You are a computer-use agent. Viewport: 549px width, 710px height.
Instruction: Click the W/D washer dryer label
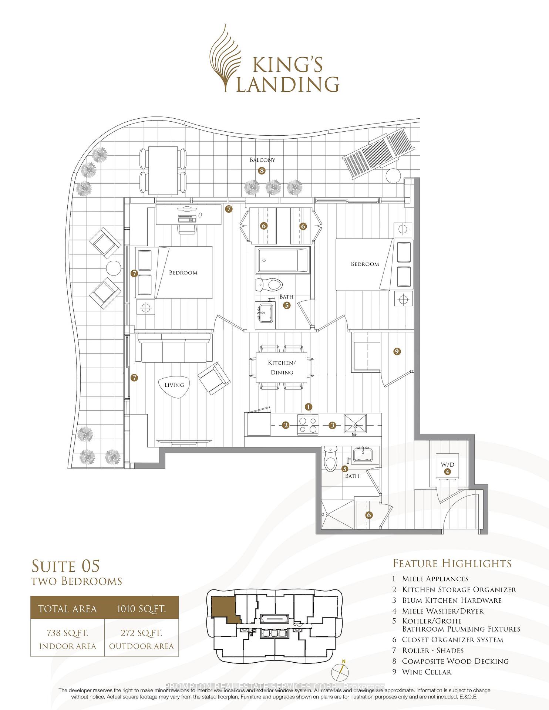pyautogui.click(x=448, y=464)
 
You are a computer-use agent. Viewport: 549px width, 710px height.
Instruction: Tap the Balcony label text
pyautogui.click(x=262, y=160)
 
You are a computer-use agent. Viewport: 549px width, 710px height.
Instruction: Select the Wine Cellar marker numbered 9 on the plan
pyautogui.click(x=397, y=352)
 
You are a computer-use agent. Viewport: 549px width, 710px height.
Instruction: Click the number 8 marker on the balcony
pyautogui.click(x=262, y=171)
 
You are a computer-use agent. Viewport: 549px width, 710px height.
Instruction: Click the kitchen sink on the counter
pyautogui.click(x=356, y=424)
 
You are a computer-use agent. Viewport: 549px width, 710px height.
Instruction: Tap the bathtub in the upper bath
pyautogui.click(x=283, y=261)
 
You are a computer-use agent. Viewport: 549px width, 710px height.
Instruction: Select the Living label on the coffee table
pyautogui.click(x=174, y=385)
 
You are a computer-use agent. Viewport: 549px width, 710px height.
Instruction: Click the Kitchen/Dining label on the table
pyautogui.click(x=282, y=368)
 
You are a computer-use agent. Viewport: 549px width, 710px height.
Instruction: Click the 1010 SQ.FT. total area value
pyautogui.click(x=141, y=609)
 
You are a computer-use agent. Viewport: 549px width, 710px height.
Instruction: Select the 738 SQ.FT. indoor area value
pyautogui.click(x=67, y=633)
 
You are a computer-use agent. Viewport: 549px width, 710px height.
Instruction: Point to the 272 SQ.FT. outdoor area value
pyautogui.click(x=141, y=633)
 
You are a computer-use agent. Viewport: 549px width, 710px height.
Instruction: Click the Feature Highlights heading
pyautogui.click(x=452, y=563)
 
